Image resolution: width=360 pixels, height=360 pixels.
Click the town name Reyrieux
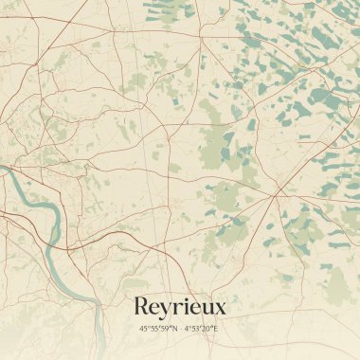(179, 307)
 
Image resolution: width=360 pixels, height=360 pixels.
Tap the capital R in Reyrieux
(142, 307)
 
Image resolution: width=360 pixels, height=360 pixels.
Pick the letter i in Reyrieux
(188, 307)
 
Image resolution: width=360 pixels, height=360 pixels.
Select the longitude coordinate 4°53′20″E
(201, 329)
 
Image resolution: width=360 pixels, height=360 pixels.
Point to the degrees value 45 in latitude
(143, 329)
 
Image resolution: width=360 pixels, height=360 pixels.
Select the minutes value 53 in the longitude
(197, 329)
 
